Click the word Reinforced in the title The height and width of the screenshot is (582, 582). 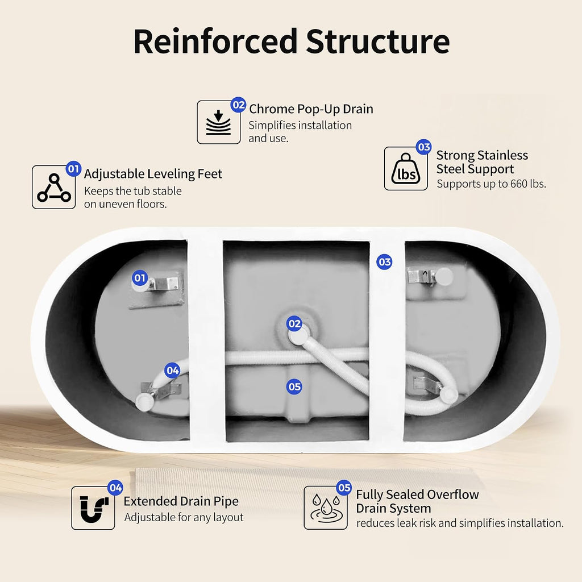[x=215, y=41]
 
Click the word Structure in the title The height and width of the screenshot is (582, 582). [x=378, y=41]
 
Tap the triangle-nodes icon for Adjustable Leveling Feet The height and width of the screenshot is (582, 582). [x=54, y=188]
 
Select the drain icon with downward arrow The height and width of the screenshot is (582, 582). [x=219, y=122]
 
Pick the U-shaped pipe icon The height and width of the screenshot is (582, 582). [x=93, y=508]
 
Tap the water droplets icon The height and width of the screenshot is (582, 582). [x=326, y=508]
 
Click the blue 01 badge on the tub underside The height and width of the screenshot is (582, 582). [x=140, y=278]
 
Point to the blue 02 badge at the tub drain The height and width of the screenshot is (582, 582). [x=294, y=323]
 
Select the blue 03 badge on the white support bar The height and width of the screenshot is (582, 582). [x=384, y=262]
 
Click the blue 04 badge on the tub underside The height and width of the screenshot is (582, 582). [x=172, y=371]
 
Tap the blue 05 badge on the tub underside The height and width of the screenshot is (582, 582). [x=294, y=386]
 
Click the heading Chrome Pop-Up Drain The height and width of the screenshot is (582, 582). [x=311, y=109]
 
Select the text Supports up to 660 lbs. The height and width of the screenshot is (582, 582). [x=491, y=184]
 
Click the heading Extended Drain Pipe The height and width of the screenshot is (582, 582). [x=181, y=501]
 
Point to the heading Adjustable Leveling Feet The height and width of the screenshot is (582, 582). [x=153, y=174]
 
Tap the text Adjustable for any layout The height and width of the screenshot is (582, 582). [x=184, y=517]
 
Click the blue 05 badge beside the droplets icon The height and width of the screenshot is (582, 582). [x=344, y=488]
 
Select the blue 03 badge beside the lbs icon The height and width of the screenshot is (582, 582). [x=423, y=147]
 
